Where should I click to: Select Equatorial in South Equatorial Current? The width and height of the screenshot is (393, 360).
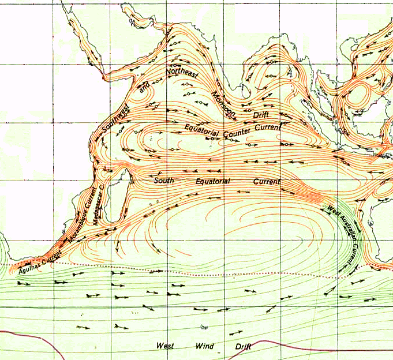(x=212, y=181)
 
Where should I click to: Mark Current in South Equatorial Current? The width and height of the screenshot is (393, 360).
(x=266, y=181)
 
